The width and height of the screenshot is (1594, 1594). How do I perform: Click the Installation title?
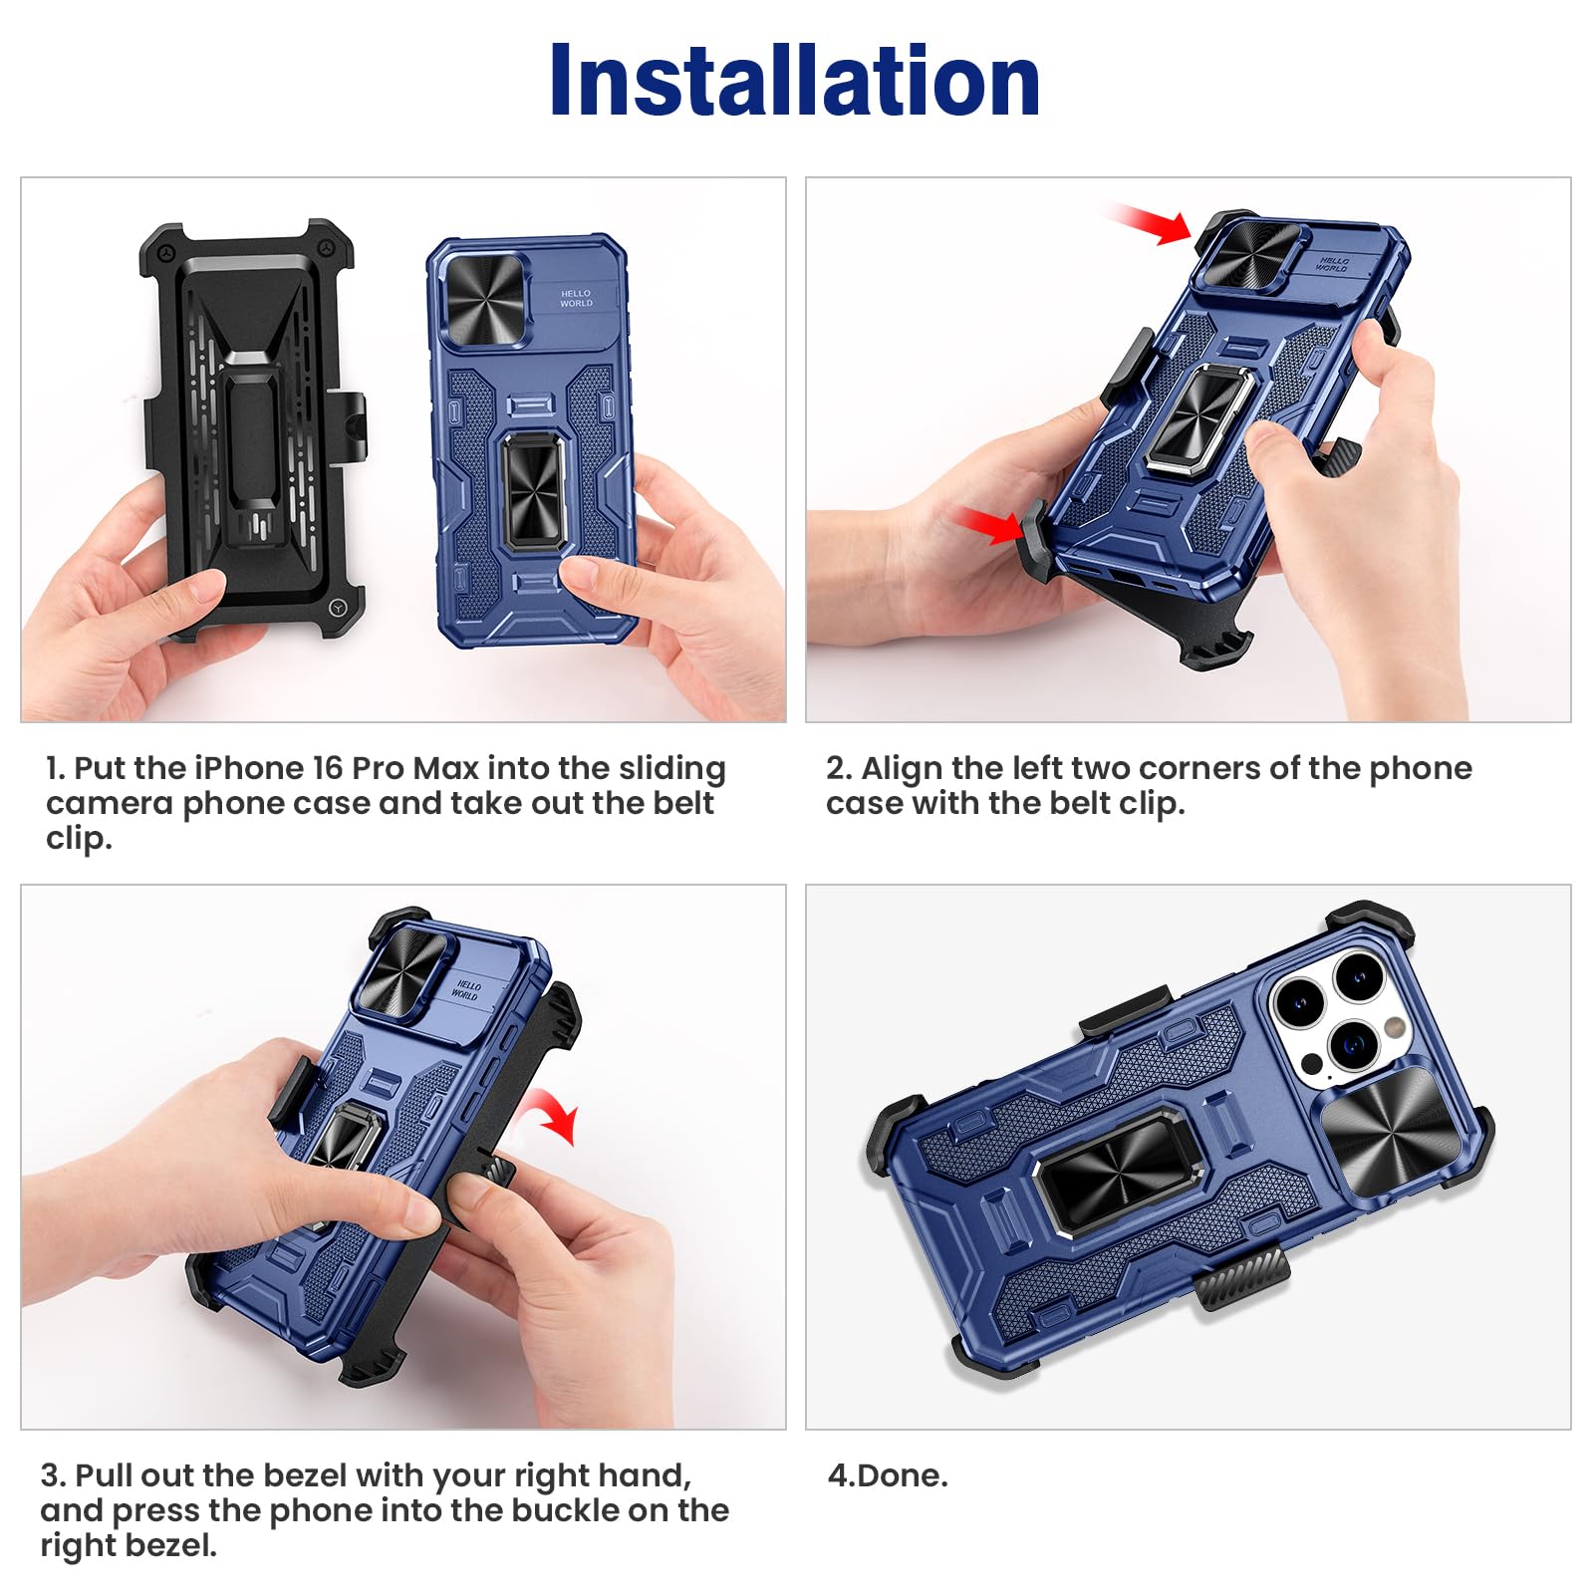[x=795, y=81]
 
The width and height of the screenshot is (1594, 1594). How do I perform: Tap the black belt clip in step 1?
[x=253, y=429]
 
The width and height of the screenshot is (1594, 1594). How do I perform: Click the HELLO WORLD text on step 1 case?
[x=576, y=299]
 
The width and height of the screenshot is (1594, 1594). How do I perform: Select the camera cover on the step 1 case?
[x=485, y=300]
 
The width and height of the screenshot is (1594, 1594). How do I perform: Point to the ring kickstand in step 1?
[x=534, y=491]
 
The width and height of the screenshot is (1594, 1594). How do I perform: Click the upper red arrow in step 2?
[x=1149, y=224]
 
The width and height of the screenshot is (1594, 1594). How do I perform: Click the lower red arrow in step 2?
[x=988, y=524]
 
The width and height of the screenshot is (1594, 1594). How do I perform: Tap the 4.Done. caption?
[x=888, y=1475]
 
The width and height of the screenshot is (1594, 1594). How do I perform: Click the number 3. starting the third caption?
[x=53, y=1475]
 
